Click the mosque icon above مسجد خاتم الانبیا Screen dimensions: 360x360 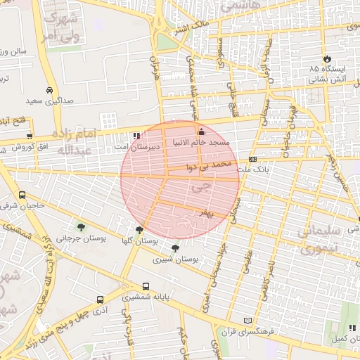click(x=201, y=131)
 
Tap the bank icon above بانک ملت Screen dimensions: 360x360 click(x=252, y=160)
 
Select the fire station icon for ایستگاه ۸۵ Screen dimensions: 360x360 click(x=327, y=58)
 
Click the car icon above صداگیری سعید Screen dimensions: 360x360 click(x=49, y=90)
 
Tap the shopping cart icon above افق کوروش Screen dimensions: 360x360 click(x=29, y=136)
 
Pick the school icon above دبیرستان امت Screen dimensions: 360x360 click(x=136, y=136)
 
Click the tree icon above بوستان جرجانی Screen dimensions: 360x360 click(x=81, y=227)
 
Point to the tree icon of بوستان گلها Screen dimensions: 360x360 click(x=139, y=229)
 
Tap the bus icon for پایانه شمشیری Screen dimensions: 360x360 click(x=146, y=286)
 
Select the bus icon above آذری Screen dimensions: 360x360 click(x=100, y=300)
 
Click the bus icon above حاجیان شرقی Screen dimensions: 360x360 click(x=22, y=195)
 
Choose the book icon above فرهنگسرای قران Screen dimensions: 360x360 click(x=246, y=320)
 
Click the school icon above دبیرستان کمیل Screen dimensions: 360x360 click(x=349, y=328)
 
